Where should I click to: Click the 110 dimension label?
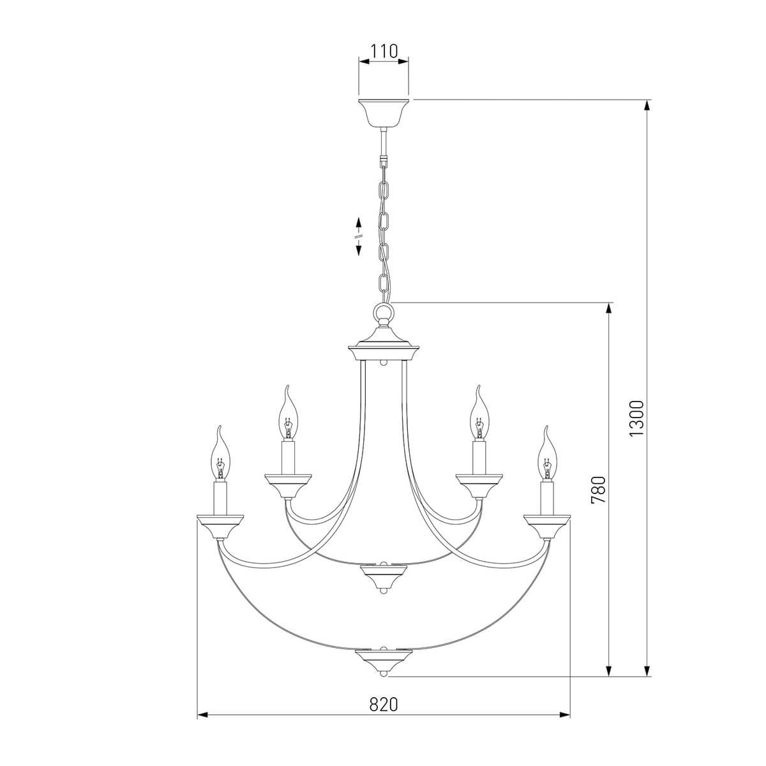click(x=384, y=51)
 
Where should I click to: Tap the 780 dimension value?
click(x=598, y=490)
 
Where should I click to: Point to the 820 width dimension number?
click(x=383, y=704)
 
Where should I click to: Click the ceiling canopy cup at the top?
click(x=383, y=112)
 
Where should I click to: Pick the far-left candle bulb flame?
click(x=220, y=456)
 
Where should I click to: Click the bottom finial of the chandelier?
click(x=383, y=661)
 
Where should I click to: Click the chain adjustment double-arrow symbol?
click(x=359, y=236)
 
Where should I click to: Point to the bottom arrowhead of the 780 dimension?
click(x=610, y=670)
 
